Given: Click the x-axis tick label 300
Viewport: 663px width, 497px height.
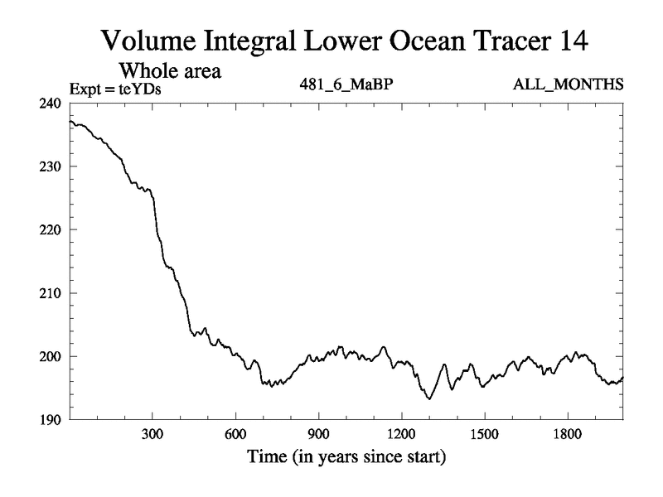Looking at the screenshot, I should pos(152,435).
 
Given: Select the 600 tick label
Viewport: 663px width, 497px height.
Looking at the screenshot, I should pos(235,435).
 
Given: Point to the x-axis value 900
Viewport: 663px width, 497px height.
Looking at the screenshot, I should pos(318,435).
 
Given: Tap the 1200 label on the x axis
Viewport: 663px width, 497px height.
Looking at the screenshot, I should pos(401,435).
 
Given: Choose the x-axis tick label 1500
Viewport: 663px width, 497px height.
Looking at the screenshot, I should pos(484,435).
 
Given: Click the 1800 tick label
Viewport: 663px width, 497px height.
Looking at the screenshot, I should pos(567,435).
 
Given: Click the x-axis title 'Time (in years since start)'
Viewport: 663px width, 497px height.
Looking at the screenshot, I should pos(346,456).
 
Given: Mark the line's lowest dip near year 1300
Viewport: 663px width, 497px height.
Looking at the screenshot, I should pos(428,399).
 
